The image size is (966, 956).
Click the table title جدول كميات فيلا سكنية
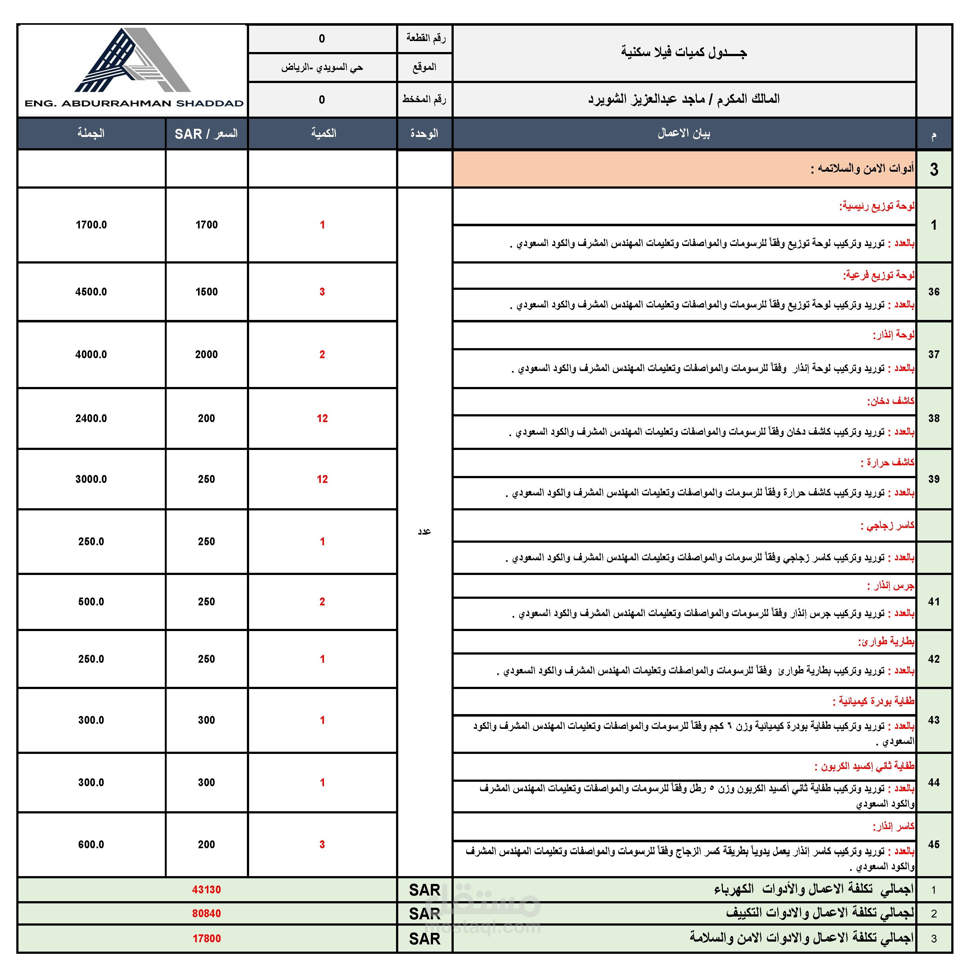coord(683,53)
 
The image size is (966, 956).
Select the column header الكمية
coord(323,133)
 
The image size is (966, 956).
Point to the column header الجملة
coord(91,133)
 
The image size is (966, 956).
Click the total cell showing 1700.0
coord(91,225)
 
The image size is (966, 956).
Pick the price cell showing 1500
coord(206,292)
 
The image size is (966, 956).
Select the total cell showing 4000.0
coord(91,354)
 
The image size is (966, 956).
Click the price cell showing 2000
coord(206,354)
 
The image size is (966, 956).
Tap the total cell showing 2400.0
coord(91,419)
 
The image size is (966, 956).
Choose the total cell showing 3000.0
coord(91,479)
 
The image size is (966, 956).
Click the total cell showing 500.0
coord(91,602)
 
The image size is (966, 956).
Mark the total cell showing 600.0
coord(91,844)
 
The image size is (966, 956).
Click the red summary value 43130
coord(206,890)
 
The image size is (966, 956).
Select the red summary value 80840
coord(206,913)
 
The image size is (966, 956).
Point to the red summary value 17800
coord(206,938)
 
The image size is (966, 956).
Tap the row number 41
coord(933,602)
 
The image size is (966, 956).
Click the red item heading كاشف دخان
coord(890,401)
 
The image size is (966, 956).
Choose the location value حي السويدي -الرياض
coord(322,67)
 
